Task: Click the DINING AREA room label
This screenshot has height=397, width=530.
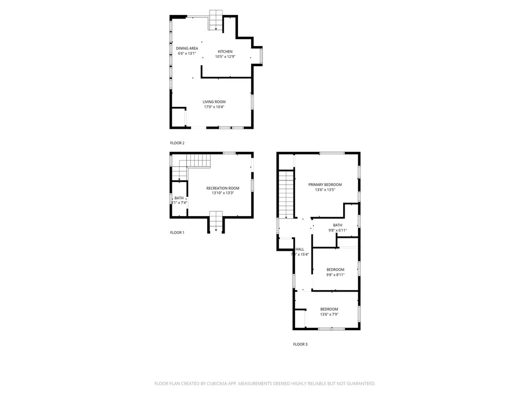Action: [x=187, y=49]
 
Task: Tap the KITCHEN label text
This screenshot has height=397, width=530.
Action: [x=225, y=51]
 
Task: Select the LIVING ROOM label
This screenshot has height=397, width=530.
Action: [x=214, y=102]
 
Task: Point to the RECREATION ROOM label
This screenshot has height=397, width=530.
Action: [x=223, y=188]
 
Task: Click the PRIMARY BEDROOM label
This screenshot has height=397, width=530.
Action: [x=325, y=185]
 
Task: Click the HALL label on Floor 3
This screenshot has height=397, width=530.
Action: [x=300, y=249]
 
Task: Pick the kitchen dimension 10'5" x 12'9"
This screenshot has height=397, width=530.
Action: [x=225, y=56]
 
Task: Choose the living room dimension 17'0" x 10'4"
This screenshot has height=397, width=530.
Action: [x=214, y=107]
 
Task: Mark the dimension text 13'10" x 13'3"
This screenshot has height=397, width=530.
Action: [x=223, y=193]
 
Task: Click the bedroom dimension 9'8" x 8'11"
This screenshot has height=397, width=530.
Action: [x=335, y=274]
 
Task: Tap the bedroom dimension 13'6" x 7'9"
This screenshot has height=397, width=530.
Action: [x=329, y=314]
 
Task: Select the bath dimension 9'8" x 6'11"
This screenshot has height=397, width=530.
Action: [x=337, y=230]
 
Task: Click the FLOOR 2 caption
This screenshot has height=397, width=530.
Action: [x=177, y=143]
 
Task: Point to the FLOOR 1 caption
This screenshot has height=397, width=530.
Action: [x=177, y=233]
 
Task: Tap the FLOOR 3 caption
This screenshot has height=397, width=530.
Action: [x=300, y=344]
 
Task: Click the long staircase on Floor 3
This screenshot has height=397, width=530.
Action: [x=286, y=194]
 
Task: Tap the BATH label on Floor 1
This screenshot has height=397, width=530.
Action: [x=179, y=198]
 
